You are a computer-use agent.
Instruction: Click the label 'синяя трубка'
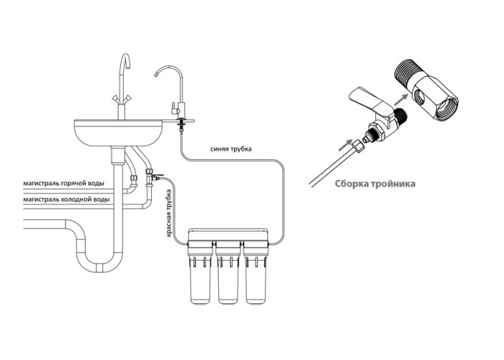click(231, 149)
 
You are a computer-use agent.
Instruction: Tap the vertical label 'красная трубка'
click(169, 213)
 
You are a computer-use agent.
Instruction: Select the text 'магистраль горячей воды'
click(64, 184)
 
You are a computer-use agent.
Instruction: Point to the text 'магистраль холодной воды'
click(66, 199)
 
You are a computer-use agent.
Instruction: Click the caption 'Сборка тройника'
click(375, 184)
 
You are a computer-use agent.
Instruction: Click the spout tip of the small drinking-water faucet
click(156, 75)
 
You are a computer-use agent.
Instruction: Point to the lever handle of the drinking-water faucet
click(174, 108)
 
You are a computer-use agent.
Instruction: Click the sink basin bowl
click(118, 132)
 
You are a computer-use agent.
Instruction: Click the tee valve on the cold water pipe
click(150, 176)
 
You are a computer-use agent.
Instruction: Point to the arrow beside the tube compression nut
click(346, 145)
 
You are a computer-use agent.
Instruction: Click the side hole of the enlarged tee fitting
click(420, 96)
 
